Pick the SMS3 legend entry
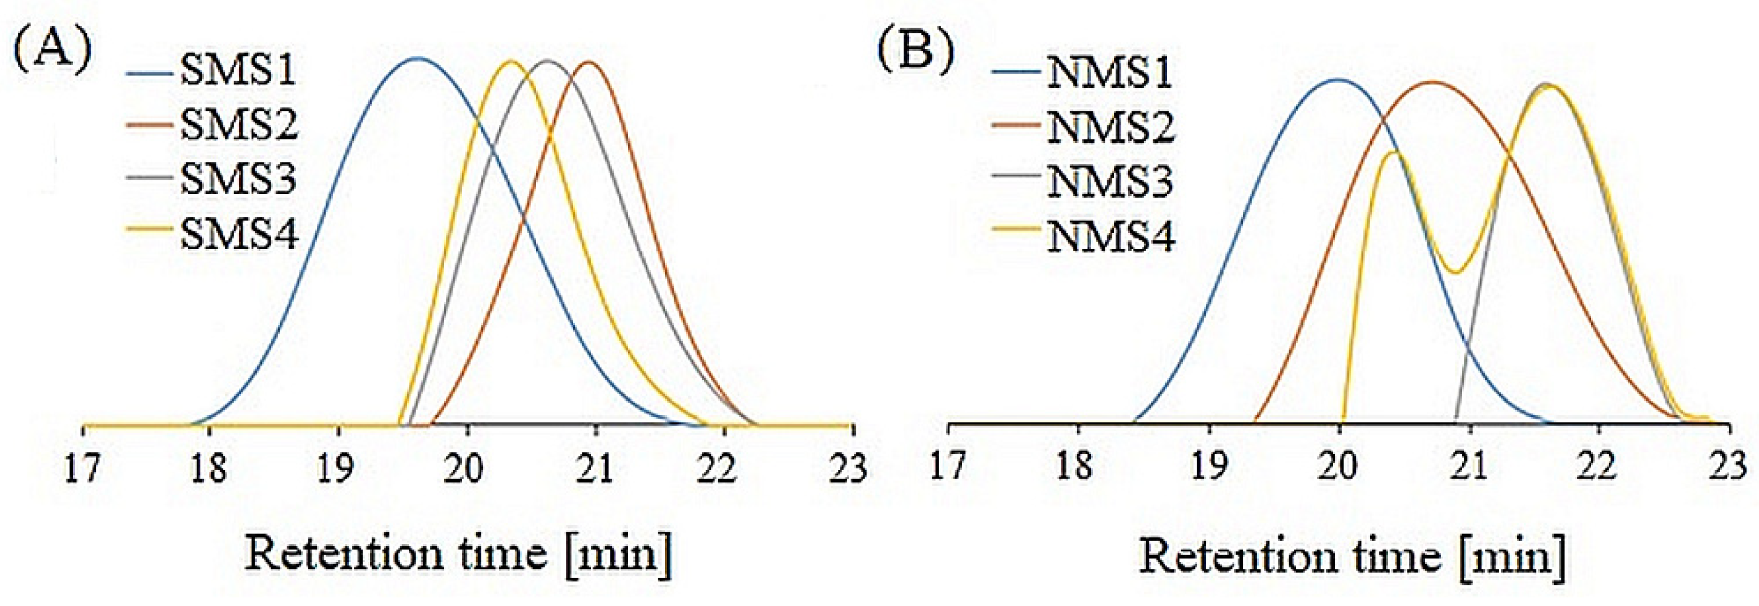[238, 180]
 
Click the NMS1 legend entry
[1109, 73]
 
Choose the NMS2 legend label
[1110, 128]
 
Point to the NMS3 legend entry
[1110, 182]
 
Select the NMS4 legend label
[1110, 237]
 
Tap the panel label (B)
[916, 53]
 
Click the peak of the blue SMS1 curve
[418, 59]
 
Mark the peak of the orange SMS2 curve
[589, 62]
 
